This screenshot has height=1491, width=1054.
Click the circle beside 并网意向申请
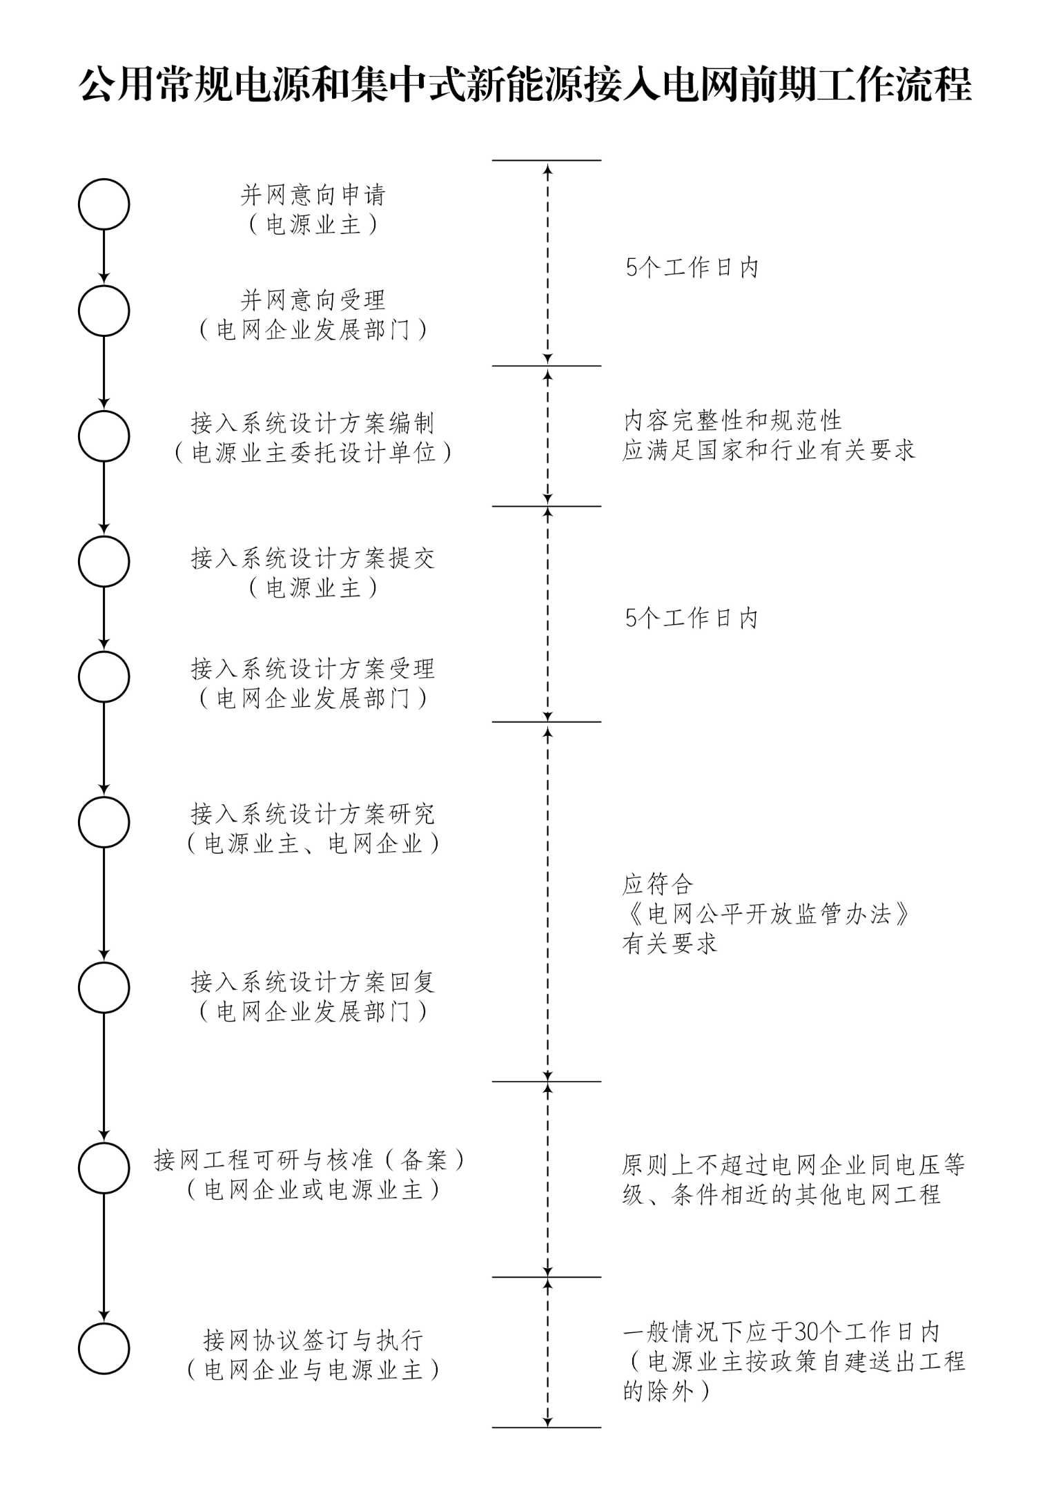(104, 204)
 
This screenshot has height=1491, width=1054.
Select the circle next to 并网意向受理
(104, 311)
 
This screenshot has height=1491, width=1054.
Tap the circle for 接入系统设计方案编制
(104, 436)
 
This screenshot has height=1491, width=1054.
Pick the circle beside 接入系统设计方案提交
(104, 562)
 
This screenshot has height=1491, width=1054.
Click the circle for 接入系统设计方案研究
(104, 822)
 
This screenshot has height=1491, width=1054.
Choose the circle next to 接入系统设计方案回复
(104, 988)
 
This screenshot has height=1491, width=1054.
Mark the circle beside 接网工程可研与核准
(104, 1168)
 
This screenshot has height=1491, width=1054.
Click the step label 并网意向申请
(313, 195)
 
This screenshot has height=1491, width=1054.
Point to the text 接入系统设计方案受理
(313, 669)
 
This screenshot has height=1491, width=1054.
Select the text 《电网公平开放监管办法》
(767, 915)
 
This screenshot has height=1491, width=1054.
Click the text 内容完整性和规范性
(733, 420)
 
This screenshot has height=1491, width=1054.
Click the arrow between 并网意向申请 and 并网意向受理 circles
(104, 257)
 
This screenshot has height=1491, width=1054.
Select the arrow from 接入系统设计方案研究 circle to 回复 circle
(104, 904)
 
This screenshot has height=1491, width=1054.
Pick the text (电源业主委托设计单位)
(313, 453)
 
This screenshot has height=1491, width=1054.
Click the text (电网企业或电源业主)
(313, 1190)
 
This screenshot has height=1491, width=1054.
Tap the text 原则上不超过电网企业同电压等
(793, 1165)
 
